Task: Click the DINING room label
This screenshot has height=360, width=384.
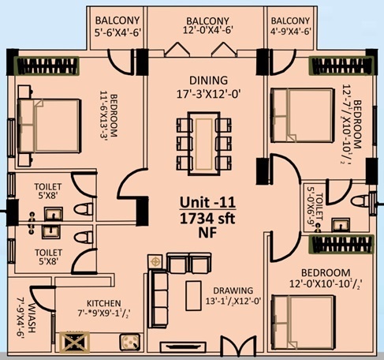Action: coord(208,81)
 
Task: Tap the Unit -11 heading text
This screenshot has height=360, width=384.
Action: coord(207,202)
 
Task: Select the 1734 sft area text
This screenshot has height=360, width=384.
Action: coord(207,219)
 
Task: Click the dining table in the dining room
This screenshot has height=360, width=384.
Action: coord(204,144)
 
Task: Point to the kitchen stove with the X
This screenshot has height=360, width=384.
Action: coord(75,342)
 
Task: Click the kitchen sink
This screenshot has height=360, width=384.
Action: coord(129,342)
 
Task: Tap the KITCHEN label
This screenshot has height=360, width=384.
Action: coord(104,303)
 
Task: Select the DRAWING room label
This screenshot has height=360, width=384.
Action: coord(233,291)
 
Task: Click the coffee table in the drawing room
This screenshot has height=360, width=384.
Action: coord(194,296)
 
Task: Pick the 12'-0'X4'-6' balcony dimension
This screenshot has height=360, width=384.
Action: coord(208,30)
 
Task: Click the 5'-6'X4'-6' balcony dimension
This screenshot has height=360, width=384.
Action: coord(118,32)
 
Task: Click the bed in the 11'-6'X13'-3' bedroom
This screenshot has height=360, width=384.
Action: coord(49,126)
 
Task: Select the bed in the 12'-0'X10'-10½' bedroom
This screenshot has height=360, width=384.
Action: coord(304,322)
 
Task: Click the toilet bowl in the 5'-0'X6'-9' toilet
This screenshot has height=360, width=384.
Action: coord(360,201)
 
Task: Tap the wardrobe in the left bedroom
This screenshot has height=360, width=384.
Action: coord(47,66)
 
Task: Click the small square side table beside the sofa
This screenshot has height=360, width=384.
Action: coord(155,261)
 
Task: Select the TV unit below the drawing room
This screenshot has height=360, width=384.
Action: coord(183,346)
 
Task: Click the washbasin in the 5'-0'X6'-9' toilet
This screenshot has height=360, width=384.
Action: coord(341,225)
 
